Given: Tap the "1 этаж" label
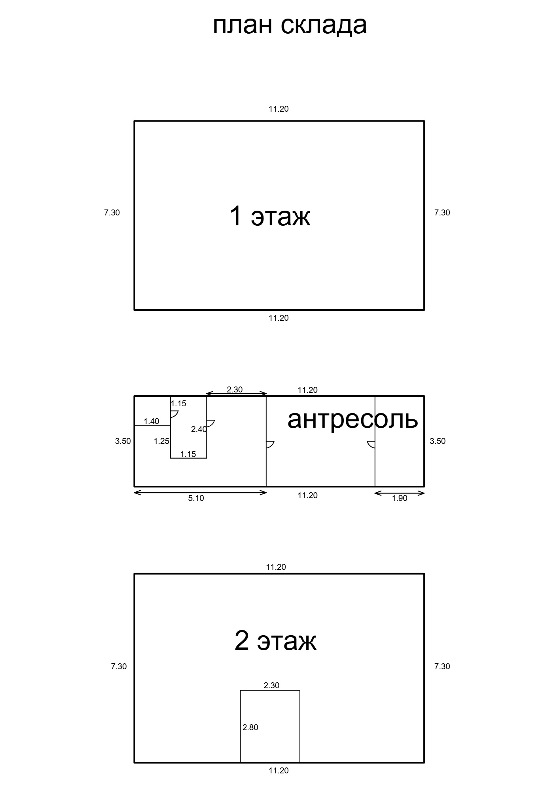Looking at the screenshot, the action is pyautogui.click(x=270, y=216).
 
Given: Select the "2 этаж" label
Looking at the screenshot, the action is pyautogui.click(x=275, y=641).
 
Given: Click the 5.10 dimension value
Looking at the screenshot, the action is pyautogui.click(x=196, y=498).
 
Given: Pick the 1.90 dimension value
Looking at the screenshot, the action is pyautogui.click(x=400, y=498).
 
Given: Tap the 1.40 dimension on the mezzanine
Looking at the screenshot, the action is pyautogui.click(x=152, y=421).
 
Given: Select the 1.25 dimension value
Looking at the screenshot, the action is pyautogui.click(x=161, y=441).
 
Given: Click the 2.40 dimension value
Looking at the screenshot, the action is pyautogui.click(x=199, y=429).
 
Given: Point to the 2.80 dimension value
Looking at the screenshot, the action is pyautogui.click(x=250, y=727).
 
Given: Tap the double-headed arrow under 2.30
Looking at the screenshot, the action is pyautogui.click(x=237, y=394).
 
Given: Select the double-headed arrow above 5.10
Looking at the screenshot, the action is pyautogui.click(x=200, y=493).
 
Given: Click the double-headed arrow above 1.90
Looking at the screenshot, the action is pyautogui.click(x=400, y=493).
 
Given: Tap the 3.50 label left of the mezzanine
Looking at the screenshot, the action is pyautogui.click(x=123, y=441).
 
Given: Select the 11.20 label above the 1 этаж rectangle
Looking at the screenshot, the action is pyautogui.click(x=279, y=109).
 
